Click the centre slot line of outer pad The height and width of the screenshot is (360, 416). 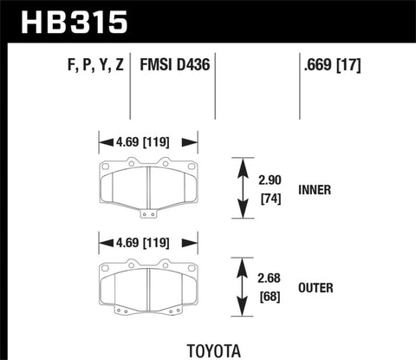click(148, 287)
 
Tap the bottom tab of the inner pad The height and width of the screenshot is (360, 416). click(148, 212)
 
